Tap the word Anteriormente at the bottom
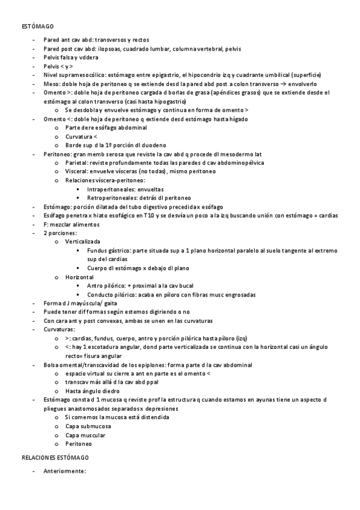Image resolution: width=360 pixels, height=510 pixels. (x=65, y=471)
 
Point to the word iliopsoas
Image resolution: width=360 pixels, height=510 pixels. (x=111, y=49)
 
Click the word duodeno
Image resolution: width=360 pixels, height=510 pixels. (x=153, y=145)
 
